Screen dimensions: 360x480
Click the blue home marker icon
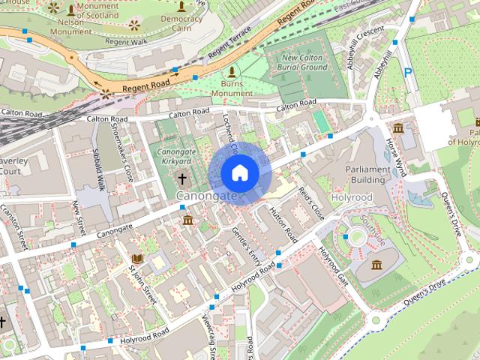[x=239, y=173]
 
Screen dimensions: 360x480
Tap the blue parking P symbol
[x=408, y=73]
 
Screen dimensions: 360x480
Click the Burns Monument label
[x=232, y=88]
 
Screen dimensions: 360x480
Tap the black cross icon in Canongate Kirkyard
[x=182, y=179]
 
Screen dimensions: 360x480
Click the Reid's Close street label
[x=311, y=203]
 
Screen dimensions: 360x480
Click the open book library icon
[x=137, y=259]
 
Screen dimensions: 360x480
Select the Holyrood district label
[x=351, y=197]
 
